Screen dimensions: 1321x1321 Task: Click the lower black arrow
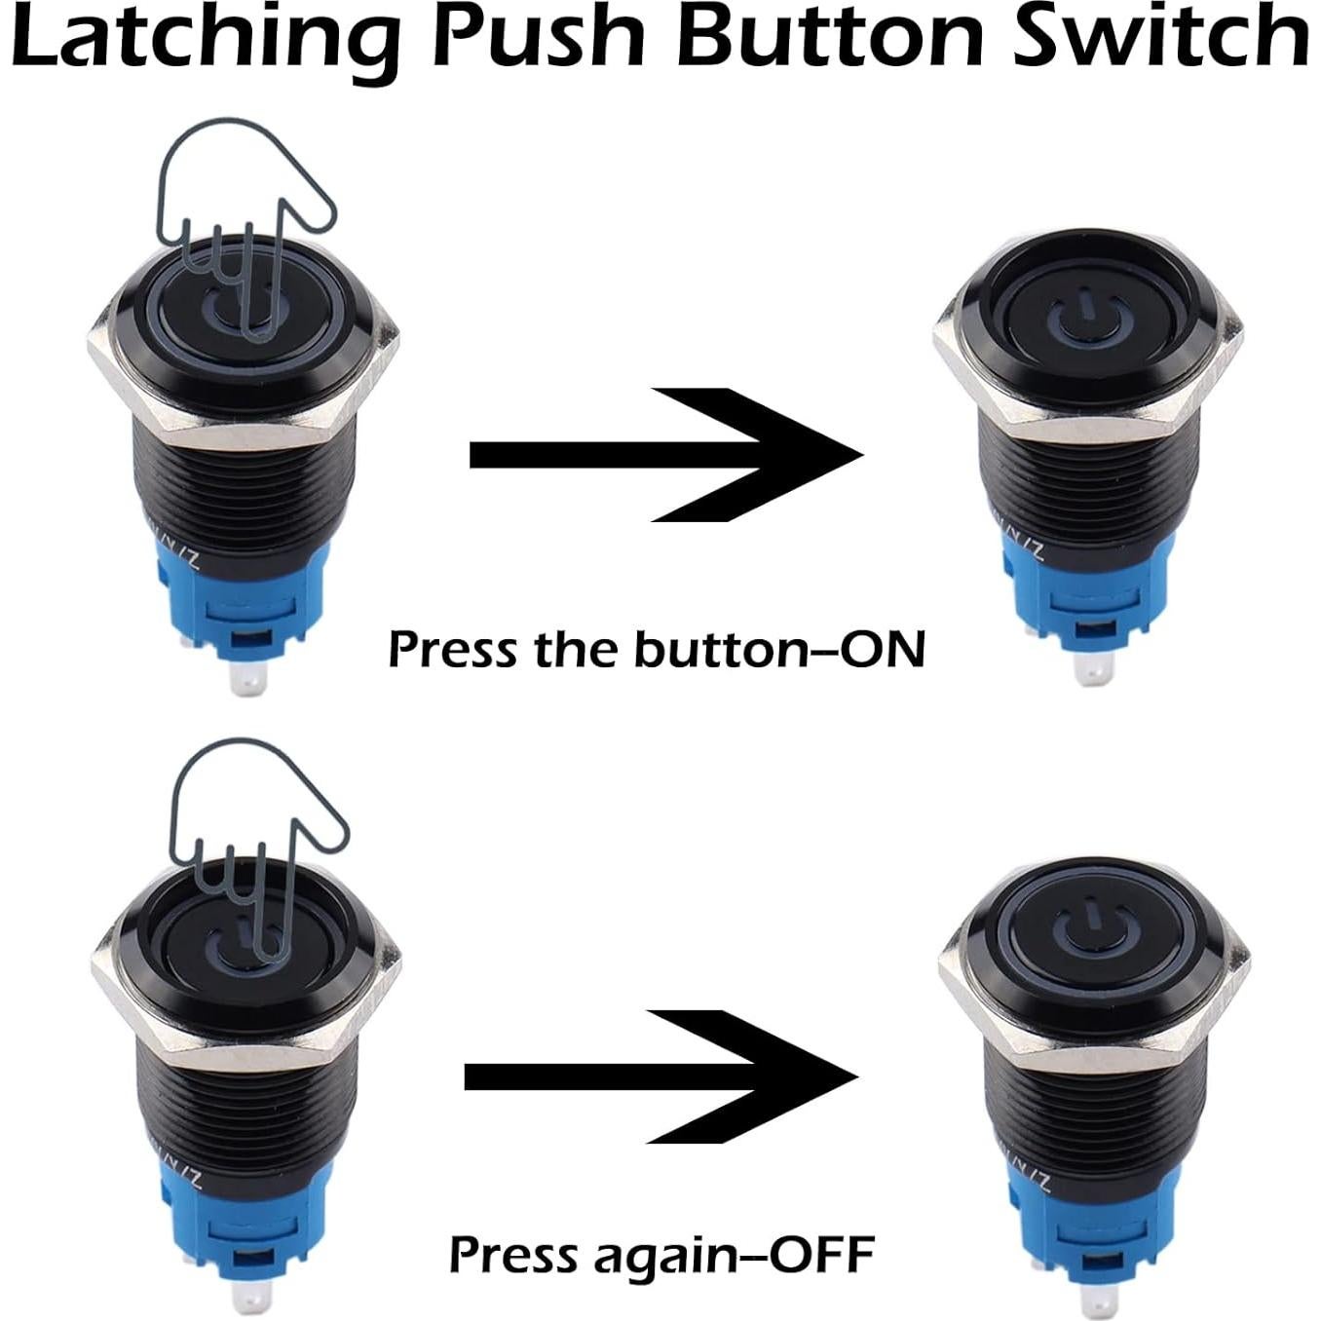[662, 1076]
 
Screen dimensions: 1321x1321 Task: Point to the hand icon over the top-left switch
[244, 214]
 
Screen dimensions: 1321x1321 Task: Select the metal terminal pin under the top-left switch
[247, 678]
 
